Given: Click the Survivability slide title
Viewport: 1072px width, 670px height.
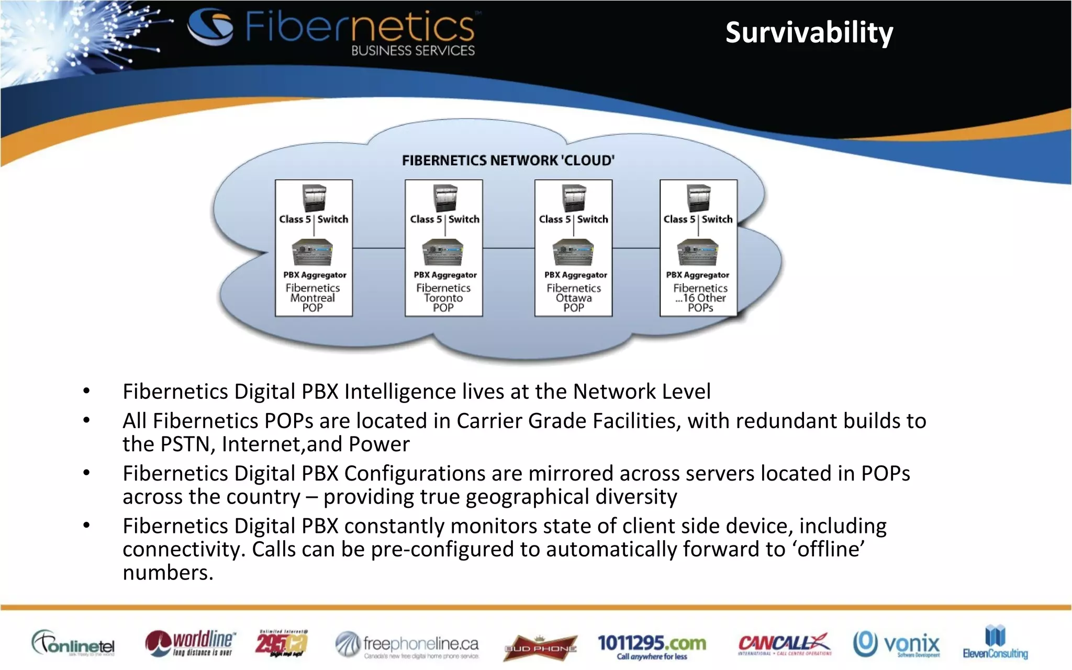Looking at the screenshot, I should coord(809,33).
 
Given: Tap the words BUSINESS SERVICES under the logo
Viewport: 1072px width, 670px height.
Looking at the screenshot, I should coord(413,51).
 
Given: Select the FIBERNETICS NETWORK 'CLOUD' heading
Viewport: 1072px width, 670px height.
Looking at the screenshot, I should coord(508,160).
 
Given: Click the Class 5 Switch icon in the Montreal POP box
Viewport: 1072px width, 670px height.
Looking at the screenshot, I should coord(314,198).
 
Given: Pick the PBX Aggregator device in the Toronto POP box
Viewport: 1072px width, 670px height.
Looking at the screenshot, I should coord(443,252).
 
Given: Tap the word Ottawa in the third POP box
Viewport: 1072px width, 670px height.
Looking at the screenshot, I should coord(574,298).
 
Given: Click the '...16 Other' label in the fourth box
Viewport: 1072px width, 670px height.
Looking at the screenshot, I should coord(700,298).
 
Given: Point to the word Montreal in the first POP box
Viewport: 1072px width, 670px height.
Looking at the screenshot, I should coord(312,298).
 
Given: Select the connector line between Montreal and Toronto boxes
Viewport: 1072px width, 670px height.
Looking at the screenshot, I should coord(378,248).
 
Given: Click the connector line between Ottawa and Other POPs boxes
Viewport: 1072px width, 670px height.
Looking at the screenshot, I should coord(635,248).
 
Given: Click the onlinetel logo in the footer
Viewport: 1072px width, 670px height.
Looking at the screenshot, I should coord(73,643).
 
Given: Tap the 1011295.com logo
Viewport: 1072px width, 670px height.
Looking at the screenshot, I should coord(652,646).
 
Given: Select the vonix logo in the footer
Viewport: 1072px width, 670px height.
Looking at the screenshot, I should coord(897,644).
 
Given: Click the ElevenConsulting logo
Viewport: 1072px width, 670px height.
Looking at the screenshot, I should coord(995,642).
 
